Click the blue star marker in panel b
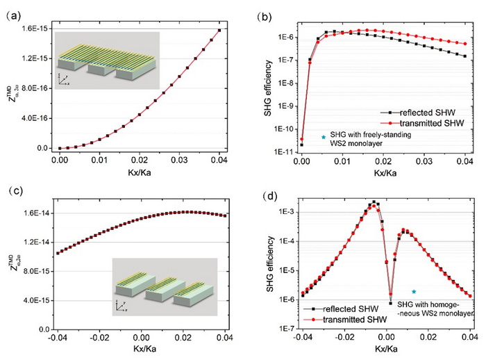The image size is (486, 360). pyautogui.click(x=324, y=137)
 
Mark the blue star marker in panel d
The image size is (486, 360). pyautogui.click(x=414, y=292)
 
